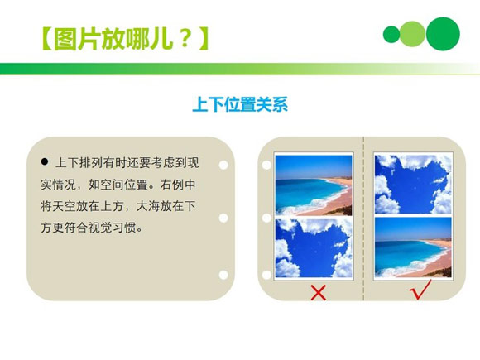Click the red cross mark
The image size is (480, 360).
point(317,291)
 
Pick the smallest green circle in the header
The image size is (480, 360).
point(391,34)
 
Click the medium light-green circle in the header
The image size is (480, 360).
point(412,33)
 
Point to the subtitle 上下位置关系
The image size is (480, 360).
point(239,106)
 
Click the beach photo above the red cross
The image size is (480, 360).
point(314,185)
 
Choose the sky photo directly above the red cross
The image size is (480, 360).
point(314,247)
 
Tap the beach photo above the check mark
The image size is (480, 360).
point(413,247)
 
